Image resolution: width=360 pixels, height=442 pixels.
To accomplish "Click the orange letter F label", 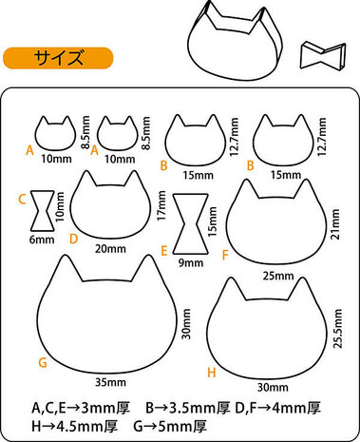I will pos(224,254).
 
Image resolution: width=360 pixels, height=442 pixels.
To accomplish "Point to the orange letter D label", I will pos(73,238).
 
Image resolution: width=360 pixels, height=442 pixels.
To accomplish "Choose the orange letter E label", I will pos(164,251).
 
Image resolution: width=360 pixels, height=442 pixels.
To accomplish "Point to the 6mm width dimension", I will pos(41,240).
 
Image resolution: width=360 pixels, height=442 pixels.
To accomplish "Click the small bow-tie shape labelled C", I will pos(42,211).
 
